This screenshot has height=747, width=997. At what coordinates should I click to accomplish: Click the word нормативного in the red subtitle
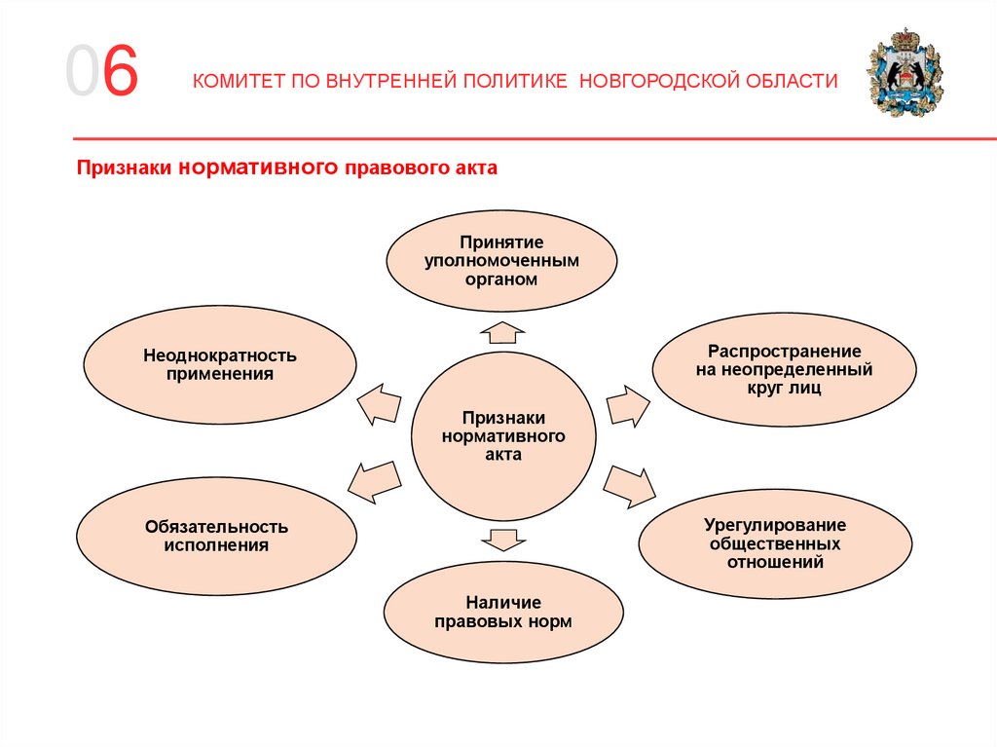(x=258, y=168)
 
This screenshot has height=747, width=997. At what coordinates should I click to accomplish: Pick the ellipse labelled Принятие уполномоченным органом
(x=502, y=260)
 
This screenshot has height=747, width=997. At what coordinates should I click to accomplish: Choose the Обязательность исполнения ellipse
(x=217, y=536)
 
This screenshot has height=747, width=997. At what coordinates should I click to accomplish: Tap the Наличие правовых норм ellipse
(x=502, y=613)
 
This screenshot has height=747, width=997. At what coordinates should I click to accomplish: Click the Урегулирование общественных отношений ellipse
(x=776, y=542)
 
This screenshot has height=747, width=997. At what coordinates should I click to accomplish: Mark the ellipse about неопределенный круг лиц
(x=784, y=369)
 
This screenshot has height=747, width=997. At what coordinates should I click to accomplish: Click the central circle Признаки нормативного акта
(x=503, y=435)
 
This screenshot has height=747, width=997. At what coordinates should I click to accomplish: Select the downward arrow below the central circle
(x=502, y=538)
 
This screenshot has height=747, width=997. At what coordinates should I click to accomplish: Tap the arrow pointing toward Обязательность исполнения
(x=373, y=479)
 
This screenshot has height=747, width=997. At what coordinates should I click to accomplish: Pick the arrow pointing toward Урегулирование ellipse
(x=631, y=484)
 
